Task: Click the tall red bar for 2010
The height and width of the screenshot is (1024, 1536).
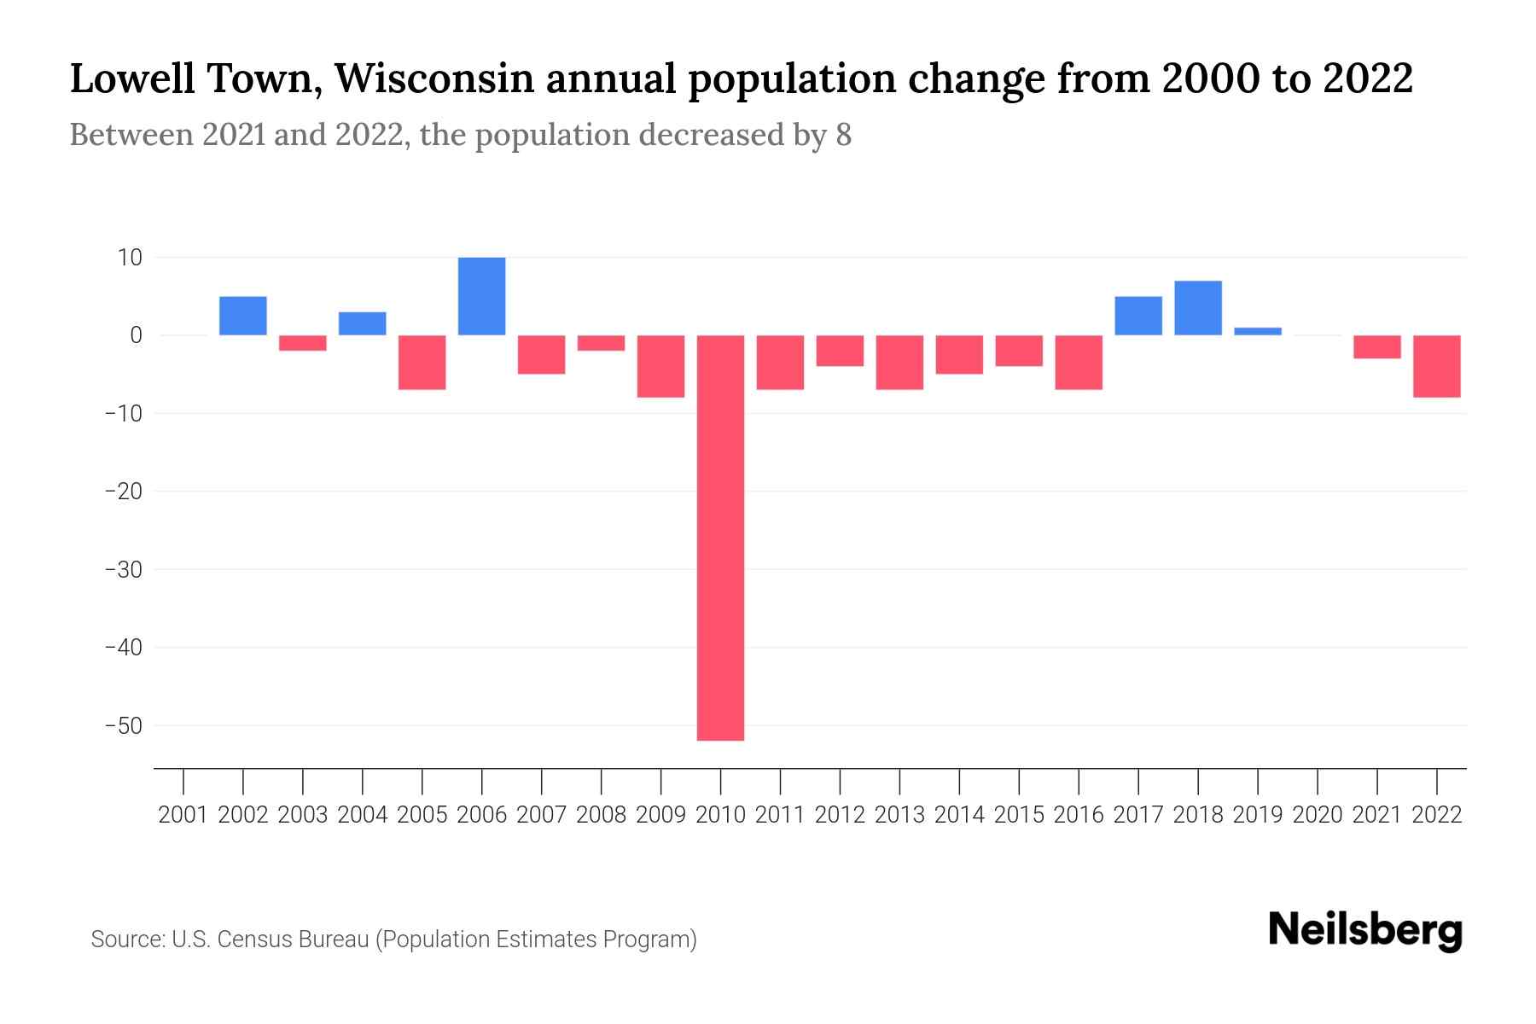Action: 720,538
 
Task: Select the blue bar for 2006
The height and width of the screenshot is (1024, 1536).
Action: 481,296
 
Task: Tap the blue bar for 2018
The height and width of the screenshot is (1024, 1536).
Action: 1197,308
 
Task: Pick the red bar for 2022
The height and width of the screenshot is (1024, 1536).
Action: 1436,366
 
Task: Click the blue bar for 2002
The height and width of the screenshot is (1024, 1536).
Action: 243,316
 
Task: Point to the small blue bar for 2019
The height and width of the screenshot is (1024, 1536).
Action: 1257,331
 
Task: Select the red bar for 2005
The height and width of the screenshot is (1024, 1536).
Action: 422,362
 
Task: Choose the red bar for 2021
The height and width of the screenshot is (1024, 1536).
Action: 1376,346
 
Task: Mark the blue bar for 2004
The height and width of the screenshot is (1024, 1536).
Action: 362,323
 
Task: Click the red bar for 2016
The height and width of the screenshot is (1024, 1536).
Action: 1078,362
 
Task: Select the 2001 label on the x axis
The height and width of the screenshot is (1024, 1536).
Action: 183,815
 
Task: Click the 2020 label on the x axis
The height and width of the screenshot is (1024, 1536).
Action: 1317,815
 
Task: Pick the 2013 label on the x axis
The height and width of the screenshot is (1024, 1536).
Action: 899,815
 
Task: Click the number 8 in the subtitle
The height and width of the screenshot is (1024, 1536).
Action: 843,136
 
